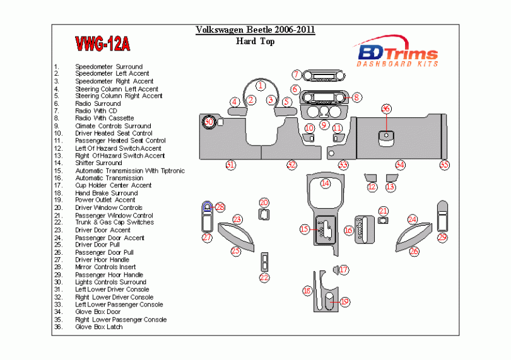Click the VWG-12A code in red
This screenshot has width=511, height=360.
point(102,44)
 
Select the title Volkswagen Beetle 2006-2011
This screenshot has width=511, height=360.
point(255,30)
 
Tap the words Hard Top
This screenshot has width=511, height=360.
point(255,42)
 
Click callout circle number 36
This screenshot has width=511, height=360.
point(386,109)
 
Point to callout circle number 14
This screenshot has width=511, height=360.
point(325,183)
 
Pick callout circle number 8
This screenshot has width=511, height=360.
point(356,97)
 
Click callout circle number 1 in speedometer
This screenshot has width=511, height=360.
point(260,84)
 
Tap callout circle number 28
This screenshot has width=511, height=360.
point(220,207)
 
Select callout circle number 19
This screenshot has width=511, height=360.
point(344,301)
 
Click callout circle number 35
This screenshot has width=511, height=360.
point(445,165)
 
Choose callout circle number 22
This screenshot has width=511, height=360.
point(264,277)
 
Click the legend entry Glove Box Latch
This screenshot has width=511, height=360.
point(98,327)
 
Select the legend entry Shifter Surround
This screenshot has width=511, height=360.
point(98,163)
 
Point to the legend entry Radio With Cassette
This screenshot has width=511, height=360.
point(104,118)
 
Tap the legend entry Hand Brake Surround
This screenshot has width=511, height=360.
point(106,193)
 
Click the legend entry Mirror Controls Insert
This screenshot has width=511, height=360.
point(105,267)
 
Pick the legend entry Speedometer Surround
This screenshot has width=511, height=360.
point(109,66)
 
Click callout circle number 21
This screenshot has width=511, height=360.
point(383,211)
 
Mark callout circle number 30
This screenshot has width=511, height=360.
point(209,121)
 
